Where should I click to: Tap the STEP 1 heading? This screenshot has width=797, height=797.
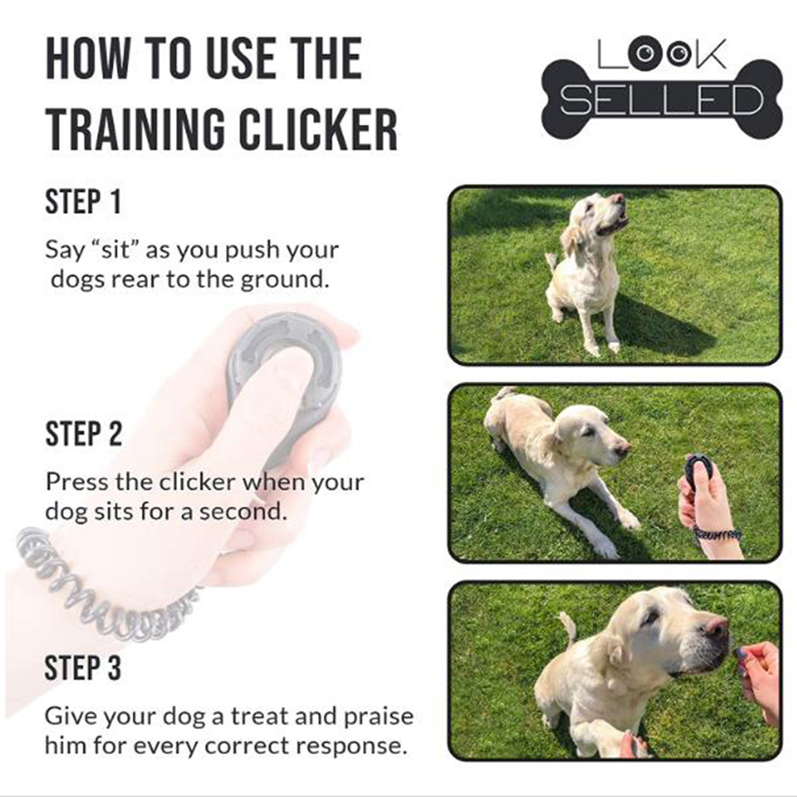[x=84, y=202]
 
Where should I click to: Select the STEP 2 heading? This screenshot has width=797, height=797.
[x=84, y=434]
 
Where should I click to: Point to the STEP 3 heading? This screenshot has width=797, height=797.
[x=83, y=667]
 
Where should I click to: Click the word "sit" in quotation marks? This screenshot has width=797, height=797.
[x=117, y=250]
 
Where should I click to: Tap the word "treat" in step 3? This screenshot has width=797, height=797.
[x=260, y=716]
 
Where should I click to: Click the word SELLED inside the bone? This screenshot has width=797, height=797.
[x=662, y=99]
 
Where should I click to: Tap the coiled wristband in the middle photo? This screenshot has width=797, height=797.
[x=717, y=535]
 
